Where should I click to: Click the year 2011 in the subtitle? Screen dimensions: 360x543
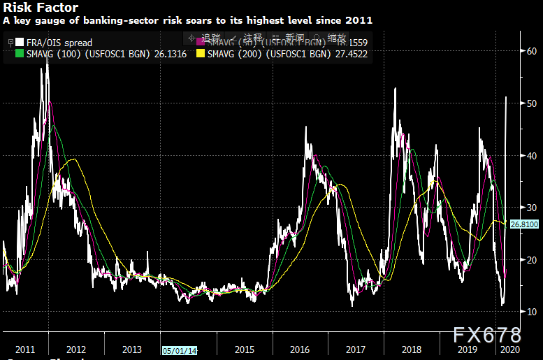(360, 21)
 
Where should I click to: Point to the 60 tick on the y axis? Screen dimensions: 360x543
(532, 51)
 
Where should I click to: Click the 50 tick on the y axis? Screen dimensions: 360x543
(532, 103)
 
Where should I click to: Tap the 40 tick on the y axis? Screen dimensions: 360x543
(532, 155)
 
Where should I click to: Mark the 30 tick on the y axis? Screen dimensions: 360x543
(532, 208)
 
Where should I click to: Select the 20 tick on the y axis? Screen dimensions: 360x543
(532, 259)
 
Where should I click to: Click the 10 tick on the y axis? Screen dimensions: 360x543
(532, 312)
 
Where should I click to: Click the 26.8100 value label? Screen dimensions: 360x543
(523, 224)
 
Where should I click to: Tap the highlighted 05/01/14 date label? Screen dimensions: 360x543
(180, 350)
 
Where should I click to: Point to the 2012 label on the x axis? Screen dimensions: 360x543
(76, 349)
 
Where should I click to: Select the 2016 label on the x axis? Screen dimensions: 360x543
(300, 349)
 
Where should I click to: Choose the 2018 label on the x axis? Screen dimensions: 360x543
(412, 349)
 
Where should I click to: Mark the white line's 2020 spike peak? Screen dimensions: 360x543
(506, 97)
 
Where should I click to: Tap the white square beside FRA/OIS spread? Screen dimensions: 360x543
(20, 43)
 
